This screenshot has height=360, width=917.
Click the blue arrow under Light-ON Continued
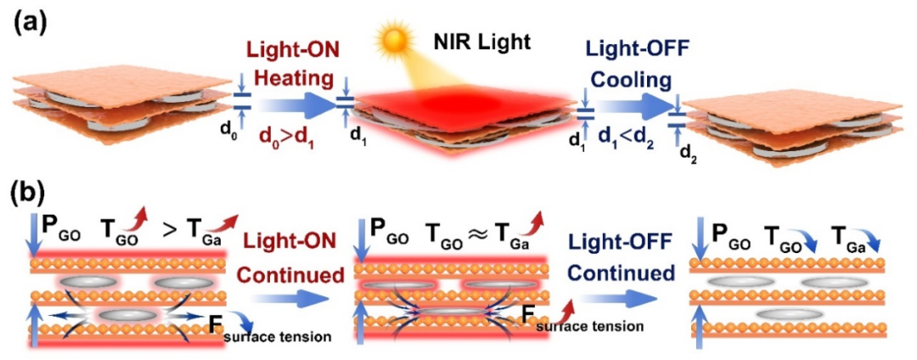pyautogui.click(x=289, y=300)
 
